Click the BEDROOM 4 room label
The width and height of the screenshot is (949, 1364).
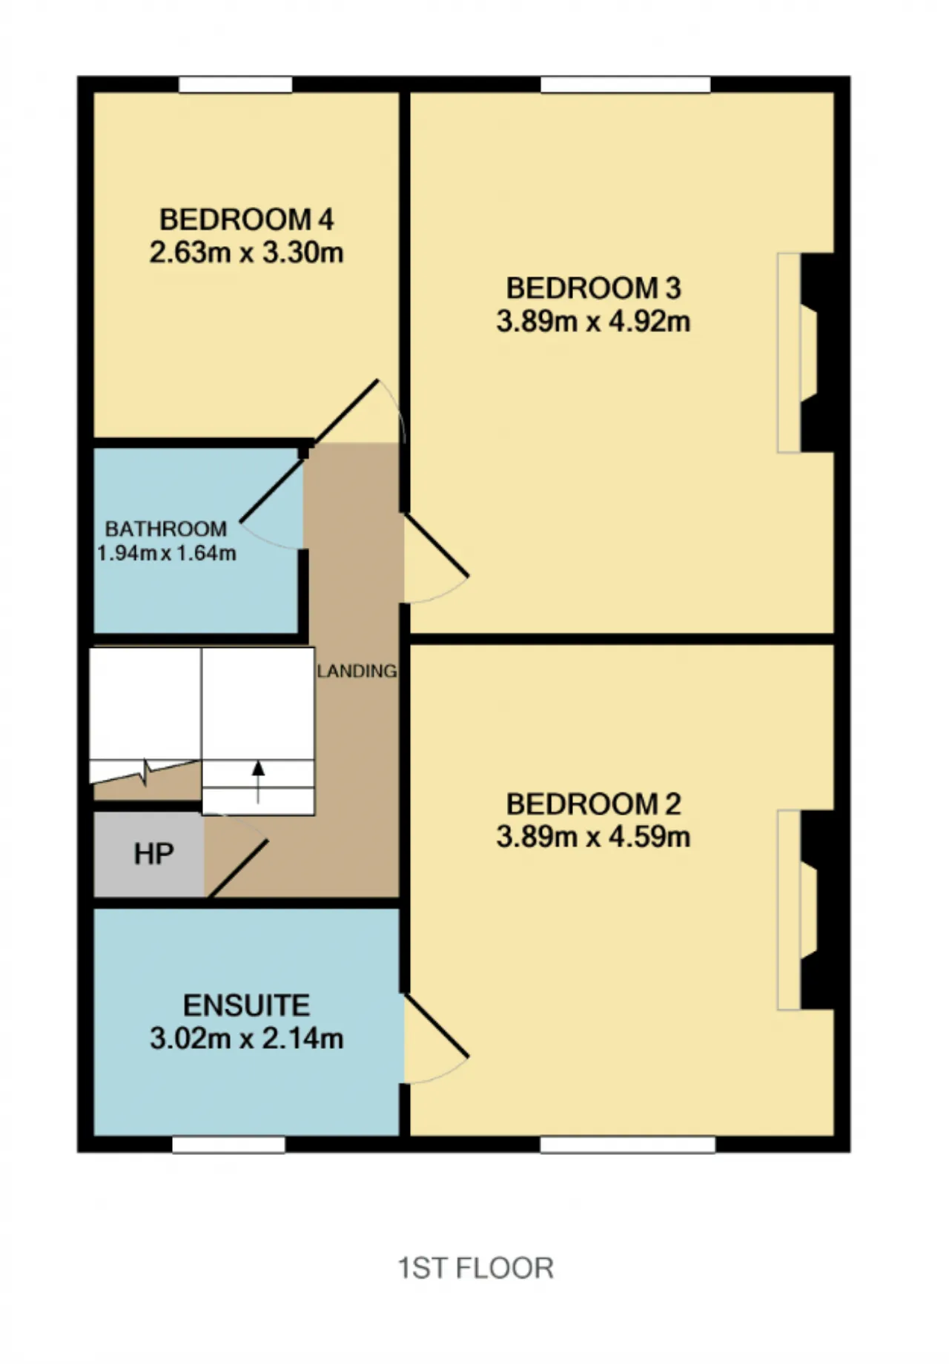click(x=246, y=219)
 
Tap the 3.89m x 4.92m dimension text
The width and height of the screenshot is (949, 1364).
click(x=593, y=322)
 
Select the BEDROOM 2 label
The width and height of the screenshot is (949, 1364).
click(x=593, y=804)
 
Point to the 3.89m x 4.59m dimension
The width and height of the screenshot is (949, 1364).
click(x=593, y=838)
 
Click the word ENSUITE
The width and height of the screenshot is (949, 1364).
click(x=246, y=1005)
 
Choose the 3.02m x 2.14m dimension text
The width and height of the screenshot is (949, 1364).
click(x=246, y=1039)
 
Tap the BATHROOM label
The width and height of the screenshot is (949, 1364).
click(x=166, y=529)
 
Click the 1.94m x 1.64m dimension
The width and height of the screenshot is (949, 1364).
click(x=167, y=553)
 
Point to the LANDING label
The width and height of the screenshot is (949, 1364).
click(x=357, y=671)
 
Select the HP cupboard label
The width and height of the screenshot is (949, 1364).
click(x=153, y=854)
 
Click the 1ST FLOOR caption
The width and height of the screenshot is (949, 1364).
click(x=476, y=1268)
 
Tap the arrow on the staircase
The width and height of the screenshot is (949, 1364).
click(x=258, y=782)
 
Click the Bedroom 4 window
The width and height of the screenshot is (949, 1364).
click(x=236, y=85)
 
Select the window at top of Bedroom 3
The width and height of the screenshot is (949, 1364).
click(x=626, y=85)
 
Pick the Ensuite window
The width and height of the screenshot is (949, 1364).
click(x=229, y=1145)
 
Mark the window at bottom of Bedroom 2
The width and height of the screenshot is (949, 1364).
click(x=628, y=1145)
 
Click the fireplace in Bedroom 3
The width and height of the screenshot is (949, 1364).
click(x=807, y=353)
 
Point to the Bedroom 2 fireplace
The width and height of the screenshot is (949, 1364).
click(x=807, y=910)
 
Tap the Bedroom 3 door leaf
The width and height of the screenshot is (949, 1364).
click(x=435, y=545)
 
